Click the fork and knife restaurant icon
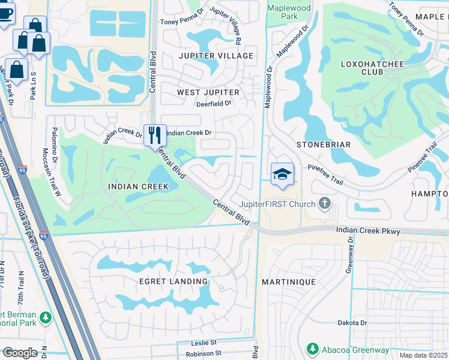pos(155,135)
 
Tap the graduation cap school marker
pos(282,174)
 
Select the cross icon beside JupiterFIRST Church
pos(325,204)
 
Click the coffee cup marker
pos(5,13)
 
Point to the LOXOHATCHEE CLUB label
pos(370,67)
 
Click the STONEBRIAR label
pos(323,145)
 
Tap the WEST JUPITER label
pos(208,92)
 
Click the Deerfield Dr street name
pos(214,104)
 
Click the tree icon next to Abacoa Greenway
pos(312,349)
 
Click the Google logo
pos(20,353)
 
